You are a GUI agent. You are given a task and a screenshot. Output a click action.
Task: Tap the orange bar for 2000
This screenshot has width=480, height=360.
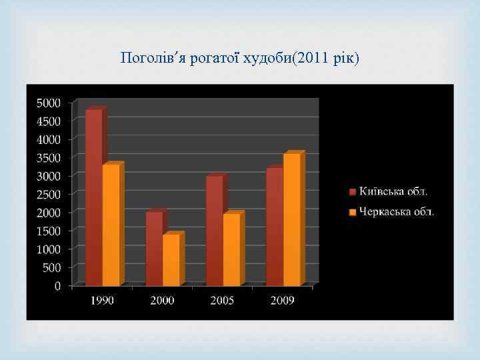(x=171, y=259)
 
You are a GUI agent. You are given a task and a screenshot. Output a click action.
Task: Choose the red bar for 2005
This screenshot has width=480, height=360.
(x=214, y=230)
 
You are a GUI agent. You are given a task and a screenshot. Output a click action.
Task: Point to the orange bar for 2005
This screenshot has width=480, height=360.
(x=231, y=249)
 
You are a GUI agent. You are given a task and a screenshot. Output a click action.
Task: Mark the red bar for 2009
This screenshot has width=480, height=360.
(x=274, y=226)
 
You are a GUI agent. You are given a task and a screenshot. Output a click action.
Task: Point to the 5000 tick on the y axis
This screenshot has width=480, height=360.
(x=48, y=103)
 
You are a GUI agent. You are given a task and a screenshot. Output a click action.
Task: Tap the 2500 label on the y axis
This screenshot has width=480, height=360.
(x=48, y=195)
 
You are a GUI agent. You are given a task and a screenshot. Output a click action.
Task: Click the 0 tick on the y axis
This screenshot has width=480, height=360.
(x=57, y=286)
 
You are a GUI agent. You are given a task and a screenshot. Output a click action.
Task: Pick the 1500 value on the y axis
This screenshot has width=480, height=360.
(x=48, y=231)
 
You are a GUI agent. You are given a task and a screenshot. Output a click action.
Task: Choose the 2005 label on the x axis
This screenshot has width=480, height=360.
(x=222, y=301)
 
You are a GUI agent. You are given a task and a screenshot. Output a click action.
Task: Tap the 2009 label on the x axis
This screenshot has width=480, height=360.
(x=282, y=301)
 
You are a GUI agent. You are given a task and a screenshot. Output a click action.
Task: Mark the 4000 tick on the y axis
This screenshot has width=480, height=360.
(x=48, y=140)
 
